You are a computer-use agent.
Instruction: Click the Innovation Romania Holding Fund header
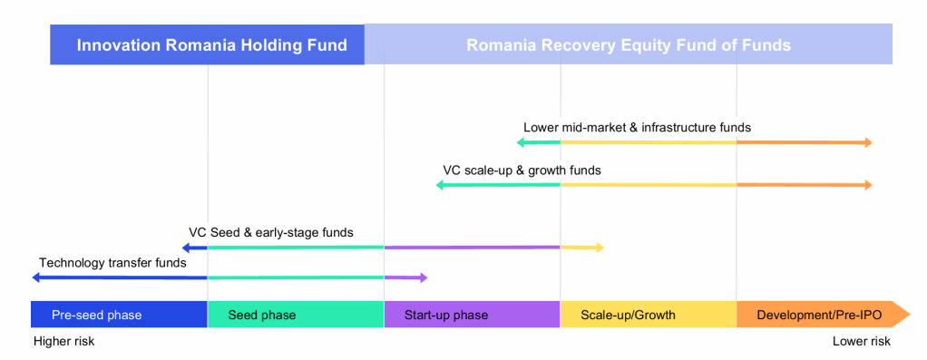pos(208,44)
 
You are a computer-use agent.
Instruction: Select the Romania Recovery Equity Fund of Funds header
pos(629,44)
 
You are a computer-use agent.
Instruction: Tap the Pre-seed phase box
pos(119,315)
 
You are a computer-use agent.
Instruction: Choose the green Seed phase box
pos(296,315)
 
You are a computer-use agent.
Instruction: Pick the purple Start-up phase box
pos(472,315)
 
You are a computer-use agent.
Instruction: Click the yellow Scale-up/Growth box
pos(648,315)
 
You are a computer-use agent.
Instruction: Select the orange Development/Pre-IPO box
pos(823,315)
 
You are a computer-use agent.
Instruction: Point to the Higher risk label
pos(63,342)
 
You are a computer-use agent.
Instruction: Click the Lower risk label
pos(862,342)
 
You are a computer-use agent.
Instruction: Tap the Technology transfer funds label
pos(112,263)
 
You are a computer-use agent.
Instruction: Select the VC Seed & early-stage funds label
pos(271,232)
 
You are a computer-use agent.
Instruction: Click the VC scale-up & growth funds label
pos(522,170)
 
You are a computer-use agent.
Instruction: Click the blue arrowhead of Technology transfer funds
pos(35,277)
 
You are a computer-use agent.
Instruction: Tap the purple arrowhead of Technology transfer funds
pos(423,277)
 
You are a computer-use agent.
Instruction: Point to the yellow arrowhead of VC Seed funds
pos(600,247)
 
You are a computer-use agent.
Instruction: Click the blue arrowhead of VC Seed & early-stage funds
pos(186,247)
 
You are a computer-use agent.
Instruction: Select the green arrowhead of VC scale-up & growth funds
pos(440,185)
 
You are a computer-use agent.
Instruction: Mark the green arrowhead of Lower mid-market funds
pos(521,141)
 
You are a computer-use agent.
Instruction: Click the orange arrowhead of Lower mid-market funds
pos(868,141)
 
